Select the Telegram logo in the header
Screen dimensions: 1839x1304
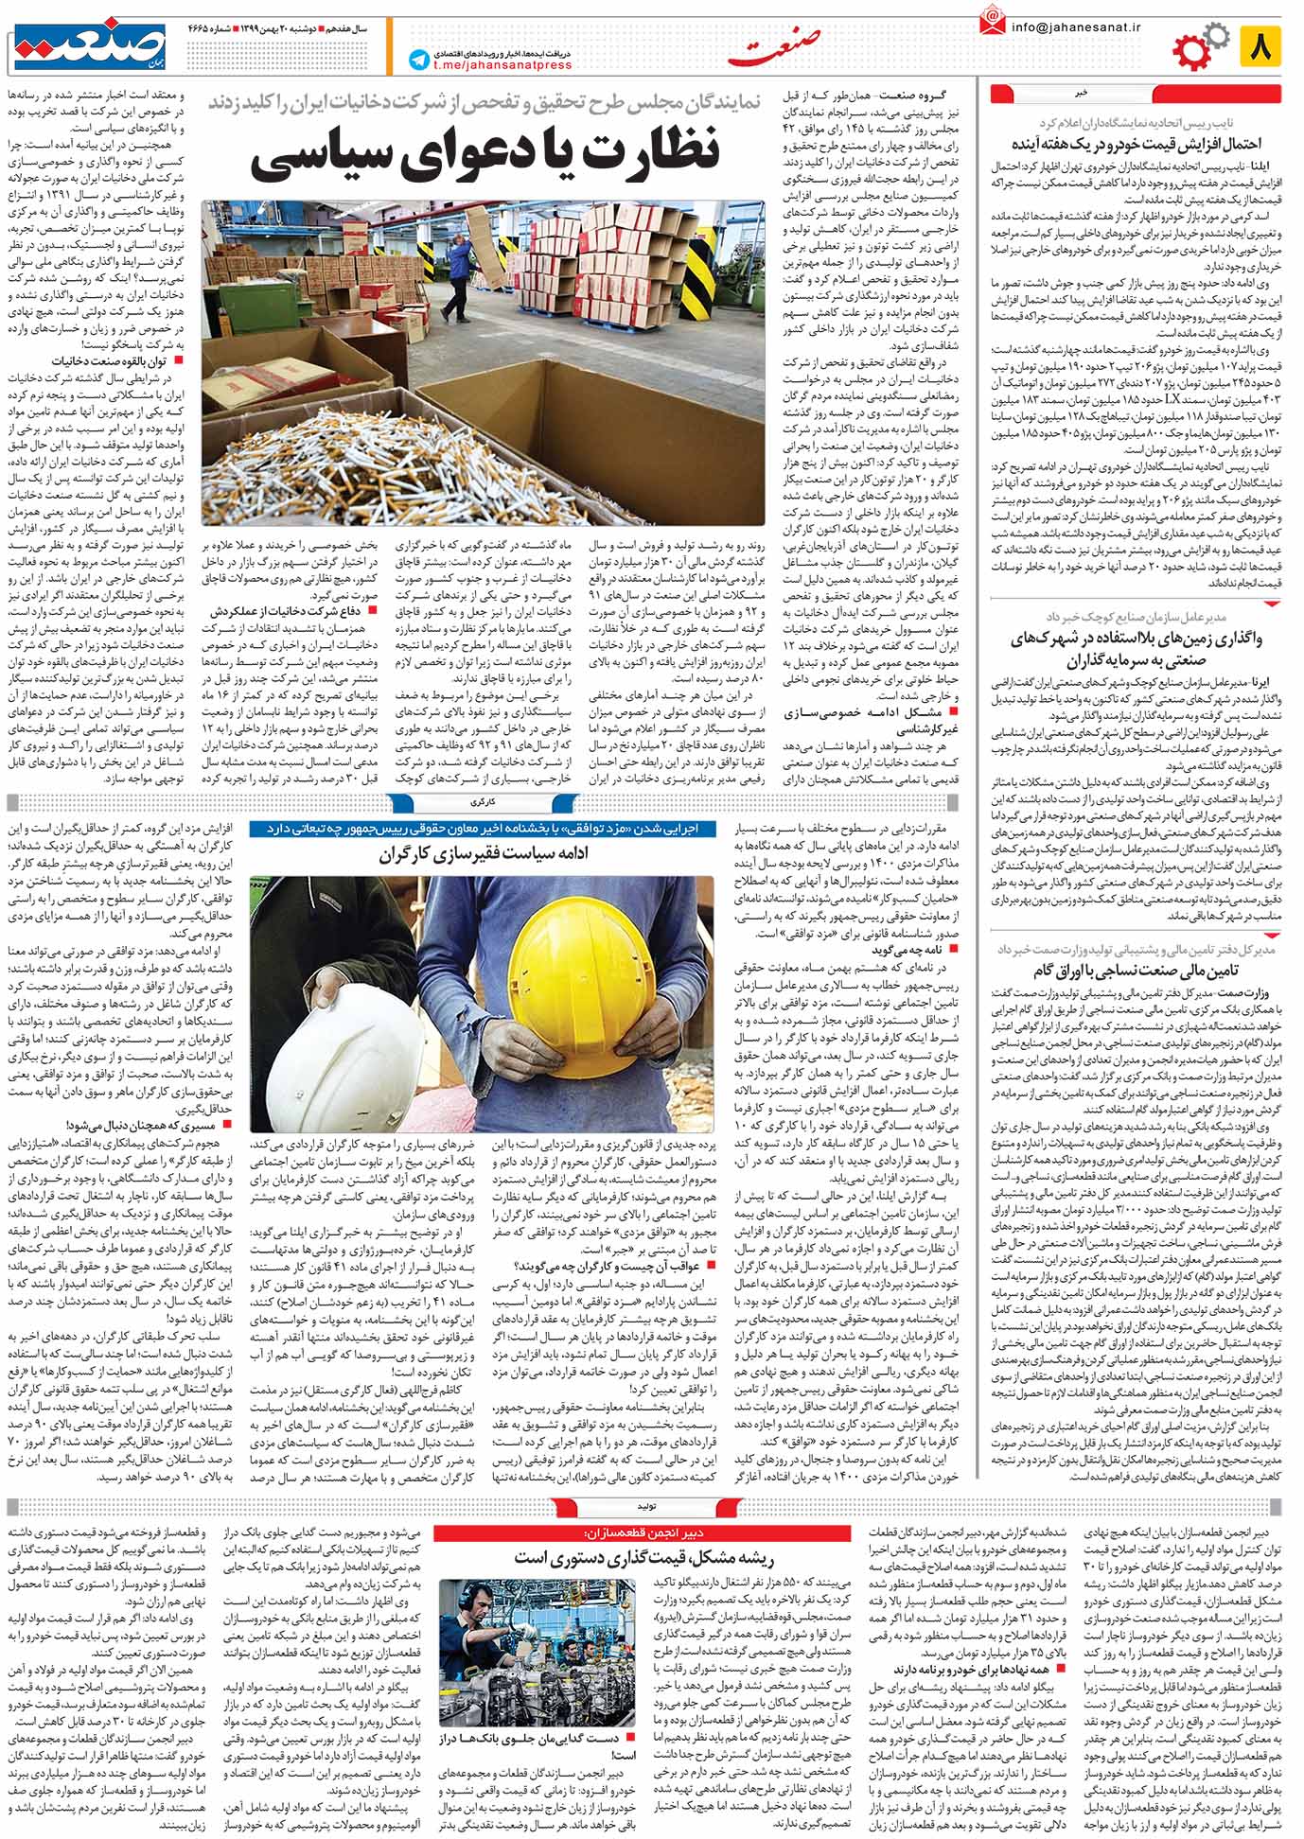[x=417, y=60]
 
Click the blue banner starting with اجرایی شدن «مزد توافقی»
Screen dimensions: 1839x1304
[x=483, y=828]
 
